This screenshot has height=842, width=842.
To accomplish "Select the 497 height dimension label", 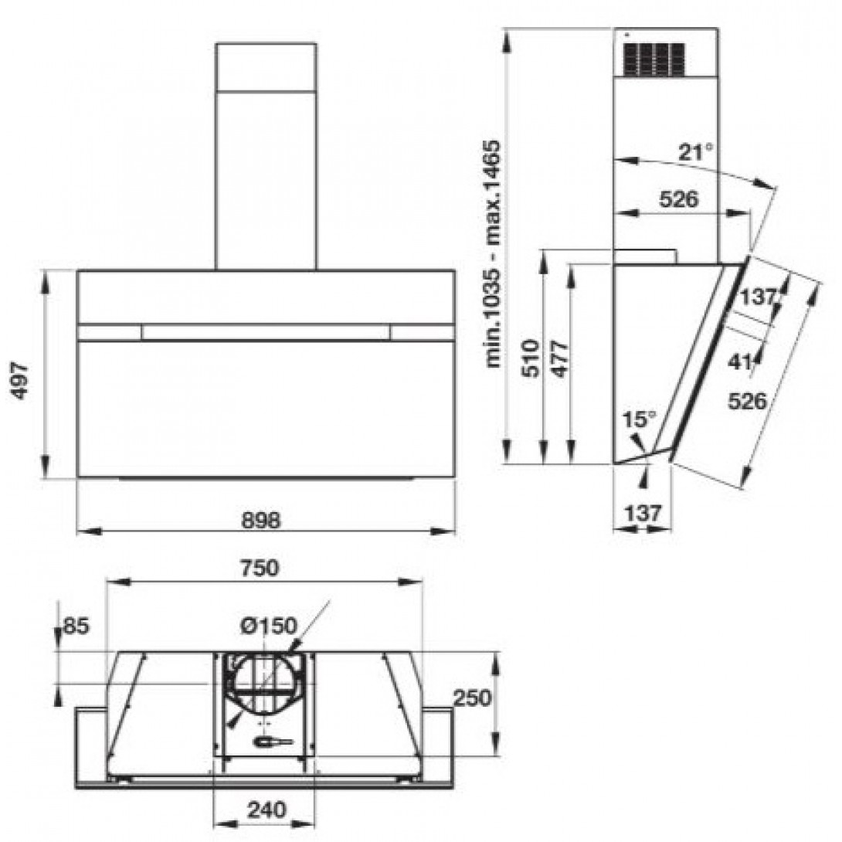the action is (20, 380).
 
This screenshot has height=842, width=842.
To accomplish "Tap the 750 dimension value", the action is (260, 568).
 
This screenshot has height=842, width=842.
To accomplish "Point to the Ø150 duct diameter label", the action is (269, 626).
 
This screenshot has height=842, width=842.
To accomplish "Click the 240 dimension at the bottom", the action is (267, 810).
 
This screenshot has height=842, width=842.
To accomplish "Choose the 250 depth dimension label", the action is (473, 698).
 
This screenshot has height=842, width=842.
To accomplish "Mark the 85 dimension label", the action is (76, 626).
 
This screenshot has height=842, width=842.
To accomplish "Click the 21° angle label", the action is (697, 152).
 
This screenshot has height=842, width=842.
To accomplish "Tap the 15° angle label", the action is (639, 419).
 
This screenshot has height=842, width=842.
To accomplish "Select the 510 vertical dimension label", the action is (531, 358).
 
